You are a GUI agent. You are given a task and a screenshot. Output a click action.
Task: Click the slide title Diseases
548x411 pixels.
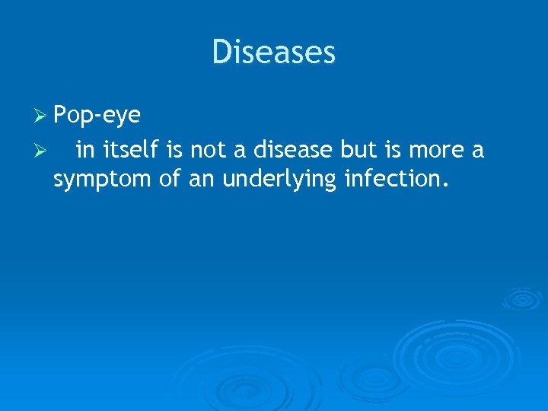(274, 52)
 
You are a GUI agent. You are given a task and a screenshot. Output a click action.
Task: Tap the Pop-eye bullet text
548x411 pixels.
(97, 116)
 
